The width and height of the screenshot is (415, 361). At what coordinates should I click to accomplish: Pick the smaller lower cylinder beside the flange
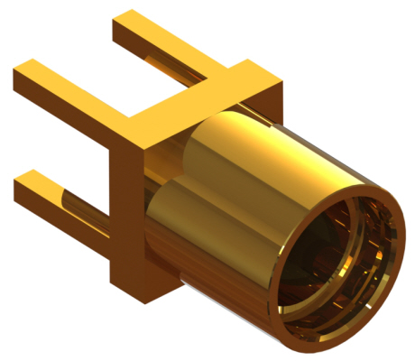point(167,217)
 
